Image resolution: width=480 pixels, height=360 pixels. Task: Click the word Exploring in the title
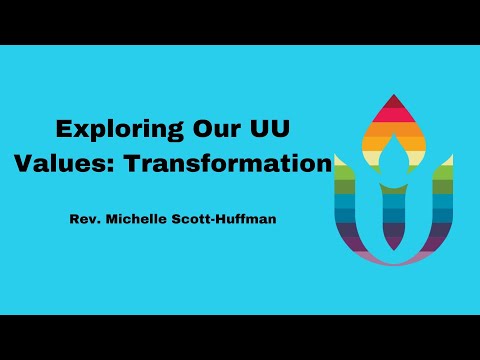click(110, 130)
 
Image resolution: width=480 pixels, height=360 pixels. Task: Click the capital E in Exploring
click(62, 130)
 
